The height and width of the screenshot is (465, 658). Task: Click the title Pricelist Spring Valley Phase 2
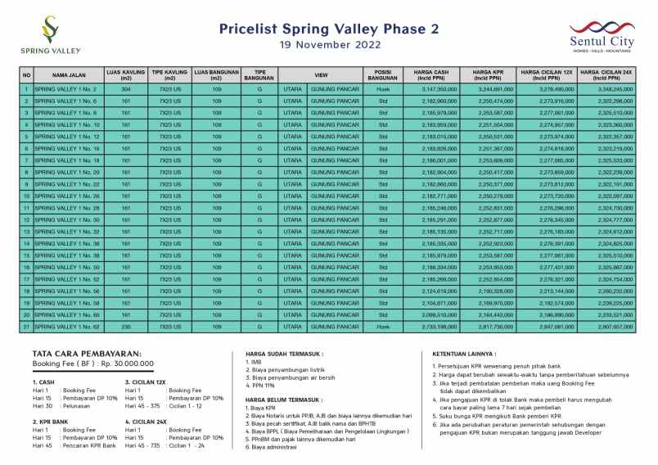coord(329,29)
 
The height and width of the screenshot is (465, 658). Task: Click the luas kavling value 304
coord(126,88)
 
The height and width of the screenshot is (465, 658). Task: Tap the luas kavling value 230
coord(126,327)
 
